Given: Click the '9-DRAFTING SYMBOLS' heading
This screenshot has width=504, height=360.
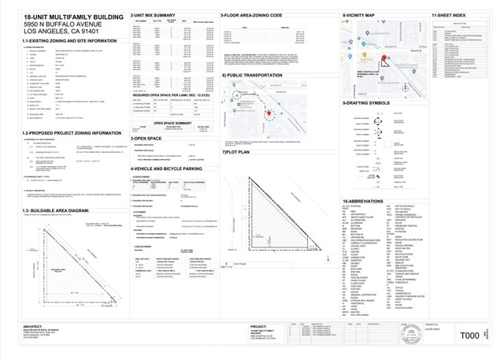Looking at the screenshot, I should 369,102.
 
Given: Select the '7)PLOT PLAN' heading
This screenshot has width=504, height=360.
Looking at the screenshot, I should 235,152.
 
